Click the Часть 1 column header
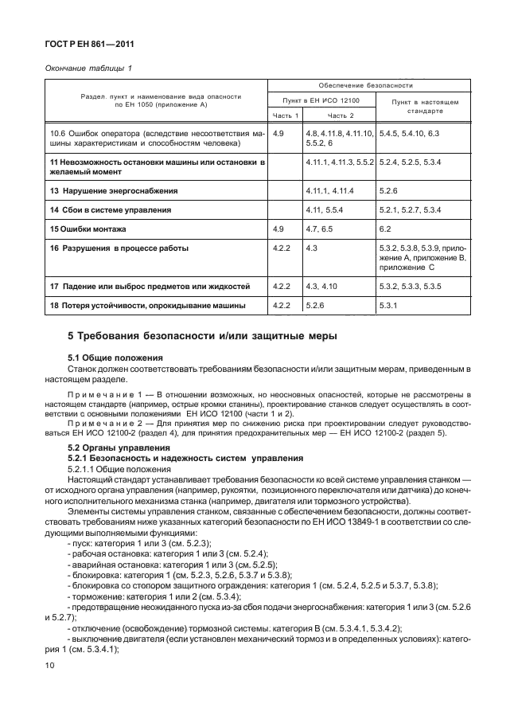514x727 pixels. (x=286, y=115)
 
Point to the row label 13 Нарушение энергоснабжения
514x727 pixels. (x=113, y=191)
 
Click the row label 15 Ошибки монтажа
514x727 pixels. (x=88, y=229)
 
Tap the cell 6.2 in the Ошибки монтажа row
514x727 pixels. (x=388, y=229)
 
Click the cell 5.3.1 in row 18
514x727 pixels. (x=391, y=305)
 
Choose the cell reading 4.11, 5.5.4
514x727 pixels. (x=326, y=209)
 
